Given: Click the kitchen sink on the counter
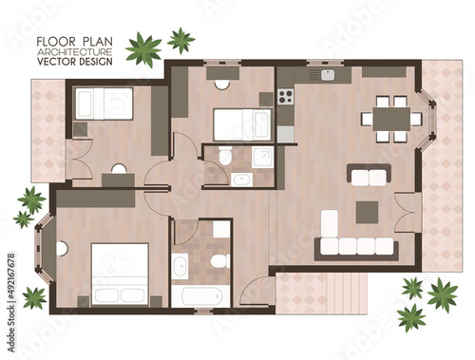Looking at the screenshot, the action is [328, 75].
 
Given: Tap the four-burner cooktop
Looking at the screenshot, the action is [286, 97].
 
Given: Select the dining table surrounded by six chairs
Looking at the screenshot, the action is [391, 119].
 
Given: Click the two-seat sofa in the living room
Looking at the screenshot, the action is [369, 175].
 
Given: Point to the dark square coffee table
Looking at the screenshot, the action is [367, 213].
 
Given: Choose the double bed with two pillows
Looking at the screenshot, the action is [120, 275].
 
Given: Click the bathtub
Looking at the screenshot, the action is [200, 296].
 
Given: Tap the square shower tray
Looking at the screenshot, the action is [263, 157].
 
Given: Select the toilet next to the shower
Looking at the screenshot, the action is [225, 156].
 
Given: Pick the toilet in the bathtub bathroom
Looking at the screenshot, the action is [220, 260].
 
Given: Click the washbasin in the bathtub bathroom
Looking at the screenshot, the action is [180, 266].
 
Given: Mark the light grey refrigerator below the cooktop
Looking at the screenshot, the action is [286, 135].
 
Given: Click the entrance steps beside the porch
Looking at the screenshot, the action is [347, 294].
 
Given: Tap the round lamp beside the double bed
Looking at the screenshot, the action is [62, 249].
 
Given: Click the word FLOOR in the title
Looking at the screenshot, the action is [56, 42].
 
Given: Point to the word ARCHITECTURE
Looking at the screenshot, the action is [74, 51].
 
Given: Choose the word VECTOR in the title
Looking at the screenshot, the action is [56, 62].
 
